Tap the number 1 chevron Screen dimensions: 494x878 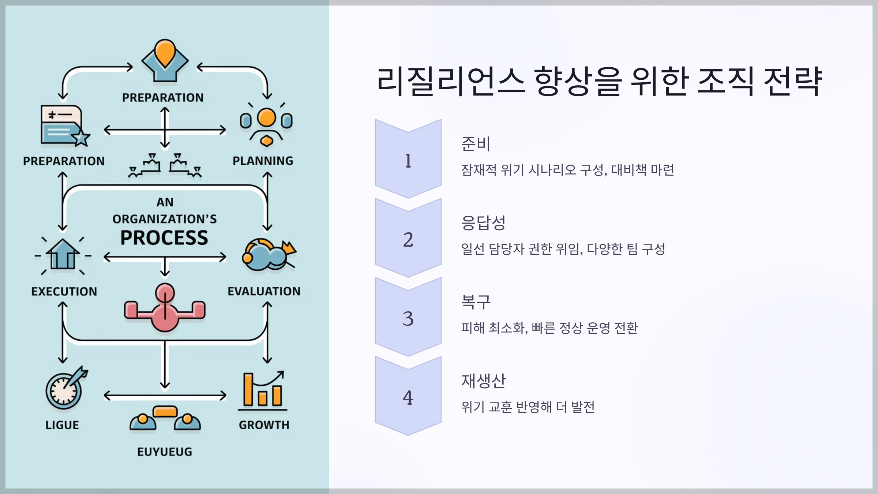[x=408, y=159]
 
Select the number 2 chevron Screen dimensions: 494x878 [x=408, y=239]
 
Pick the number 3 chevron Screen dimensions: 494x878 [x=408, y=318]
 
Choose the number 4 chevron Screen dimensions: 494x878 [x=408, y=397]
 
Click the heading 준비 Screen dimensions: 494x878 [x=476, y=143]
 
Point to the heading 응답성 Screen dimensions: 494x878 [x=483, y=222]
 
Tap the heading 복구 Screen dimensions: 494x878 [x=476, y=302]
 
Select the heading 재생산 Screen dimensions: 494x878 [x=483, y=381]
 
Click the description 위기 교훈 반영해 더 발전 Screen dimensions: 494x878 [x=528, y=407]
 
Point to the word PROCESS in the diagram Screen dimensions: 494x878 [x=164, y=238]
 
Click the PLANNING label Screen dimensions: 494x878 [x=263, y=161]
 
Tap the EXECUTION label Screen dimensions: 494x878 [x=64, y=291]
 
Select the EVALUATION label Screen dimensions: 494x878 [x=264, y=291]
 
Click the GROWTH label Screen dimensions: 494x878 [x=264, y=425]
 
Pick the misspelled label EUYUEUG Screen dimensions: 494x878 [x=165, y=452]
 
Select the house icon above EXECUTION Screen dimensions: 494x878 [x=63, y=255]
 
